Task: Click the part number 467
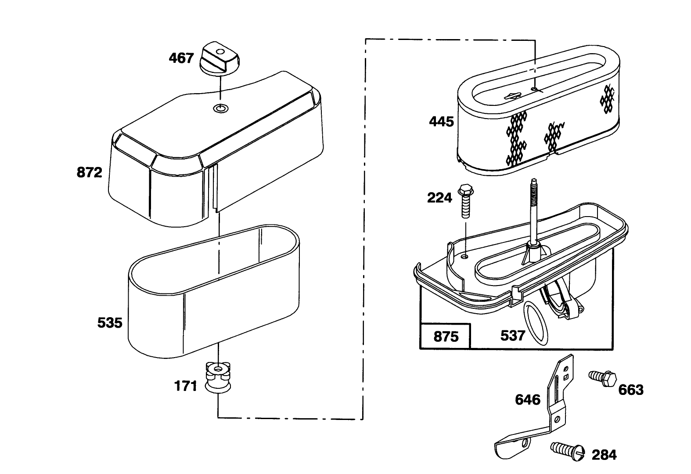coord(181,58)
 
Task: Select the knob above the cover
coord(220,58)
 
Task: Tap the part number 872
coord(90,172)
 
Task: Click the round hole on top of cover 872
coord(220,109)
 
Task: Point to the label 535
coord(110,323)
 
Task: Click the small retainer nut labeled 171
coord(218,378)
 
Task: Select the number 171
coord(186,386)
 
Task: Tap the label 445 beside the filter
coord(442,122)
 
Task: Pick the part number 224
coord(439,198)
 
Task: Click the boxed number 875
coord(446,337)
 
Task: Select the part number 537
coord(513,336)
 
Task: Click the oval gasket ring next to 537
coord(536,323)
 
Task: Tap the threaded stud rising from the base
coord(534,213)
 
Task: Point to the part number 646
coord(528,400)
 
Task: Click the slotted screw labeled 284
coord(568,451)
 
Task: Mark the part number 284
coord(604,455)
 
